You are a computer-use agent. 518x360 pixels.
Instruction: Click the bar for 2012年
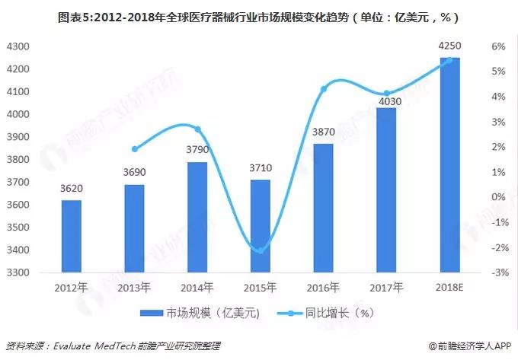pos(71,236)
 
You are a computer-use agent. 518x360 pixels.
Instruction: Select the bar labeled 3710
pos(261,226)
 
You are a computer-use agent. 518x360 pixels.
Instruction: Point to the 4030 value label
pos(386,99)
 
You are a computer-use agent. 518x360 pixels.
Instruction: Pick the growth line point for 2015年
pos(261,250)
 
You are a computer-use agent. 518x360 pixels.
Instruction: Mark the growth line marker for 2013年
pos(135,149)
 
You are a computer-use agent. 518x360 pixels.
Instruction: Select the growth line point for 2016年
pos(324,89)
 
